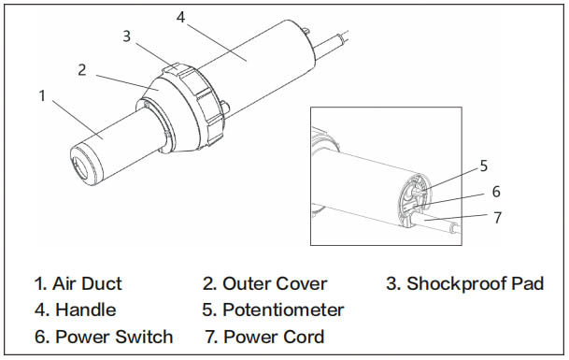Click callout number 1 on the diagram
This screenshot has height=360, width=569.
42,96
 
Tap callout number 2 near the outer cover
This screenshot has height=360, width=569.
82,70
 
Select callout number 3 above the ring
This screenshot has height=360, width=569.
126,36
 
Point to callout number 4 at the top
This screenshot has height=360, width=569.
180,17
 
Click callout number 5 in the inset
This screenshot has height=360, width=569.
484,166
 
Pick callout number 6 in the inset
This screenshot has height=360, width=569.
496,192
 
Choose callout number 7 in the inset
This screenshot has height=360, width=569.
497,218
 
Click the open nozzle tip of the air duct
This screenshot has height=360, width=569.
81,166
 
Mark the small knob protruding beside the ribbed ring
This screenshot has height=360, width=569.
225,107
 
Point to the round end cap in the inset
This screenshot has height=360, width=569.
415,200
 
